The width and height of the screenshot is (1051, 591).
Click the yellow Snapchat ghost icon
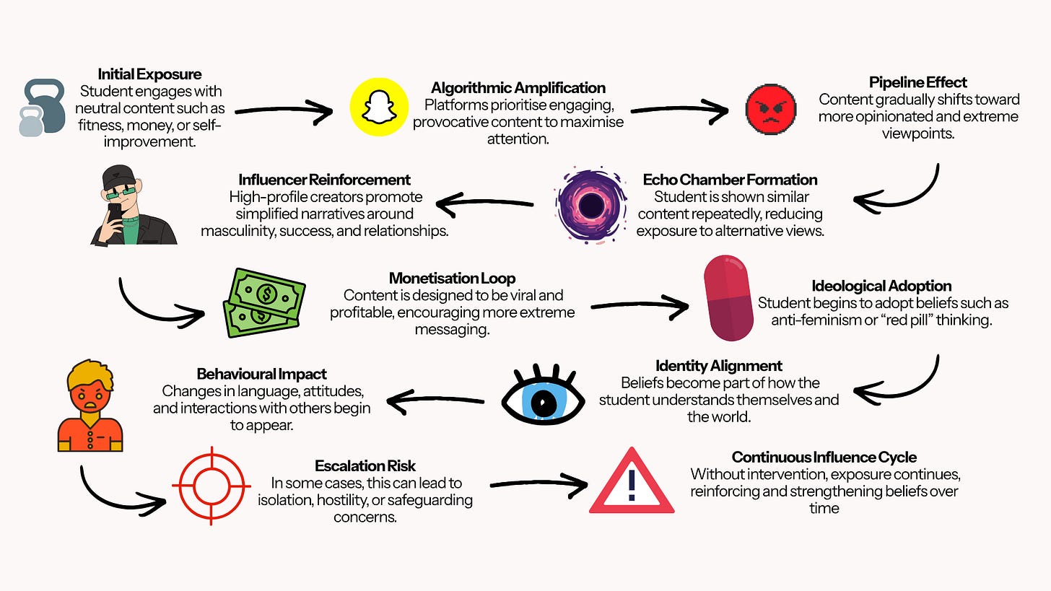pyautogui.click(x=379, y=107)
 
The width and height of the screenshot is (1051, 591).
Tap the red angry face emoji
pyautogui.click(x=770, y=109)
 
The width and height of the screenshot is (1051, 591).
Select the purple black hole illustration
pyautogui.click(x=590, y=205)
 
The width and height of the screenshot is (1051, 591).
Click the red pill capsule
pyautogui.click(x=728, y=298)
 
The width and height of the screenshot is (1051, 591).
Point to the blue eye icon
pyautogui.click(x=543, y=395)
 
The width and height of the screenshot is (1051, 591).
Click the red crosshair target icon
pyautogui.click(x=211, y=486)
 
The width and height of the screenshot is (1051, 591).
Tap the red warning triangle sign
pyautogui.click(x=632, y=481)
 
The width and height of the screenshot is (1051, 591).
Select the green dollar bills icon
pyautogui.click(x=264, y=303)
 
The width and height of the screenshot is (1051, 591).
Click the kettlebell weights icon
pyautogui.click(x=42, y=108)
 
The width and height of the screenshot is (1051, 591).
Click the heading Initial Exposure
pyautogui.click(x=149, y=74)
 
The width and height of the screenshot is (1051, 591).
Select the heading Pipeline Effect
pyautogui.click(x=917, y=82)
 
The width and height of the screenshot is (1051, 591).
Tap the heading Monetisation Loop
pyautogui.click(x=453, y=278)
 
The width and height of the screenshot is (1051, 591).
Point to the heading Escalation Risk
pyautogui.click(x=365, y=465)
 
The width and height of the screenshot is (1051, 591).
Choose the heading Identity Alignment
pyautogui.click(x=719, y=365)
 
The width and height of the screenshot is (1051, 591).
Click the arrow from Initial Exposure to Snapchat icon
pyautogui.click(x=284, y=110)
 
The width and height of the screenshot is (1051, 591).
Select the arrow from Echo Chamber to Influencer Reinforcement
pyautogui.click(x=484, y=203)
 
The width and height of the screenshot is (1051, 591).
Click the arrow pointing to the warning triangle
pyautogui.click(x=539, y=483)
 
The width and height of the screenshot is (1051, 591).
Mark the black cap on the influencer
pyautogui.click(x=118, y=177)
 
